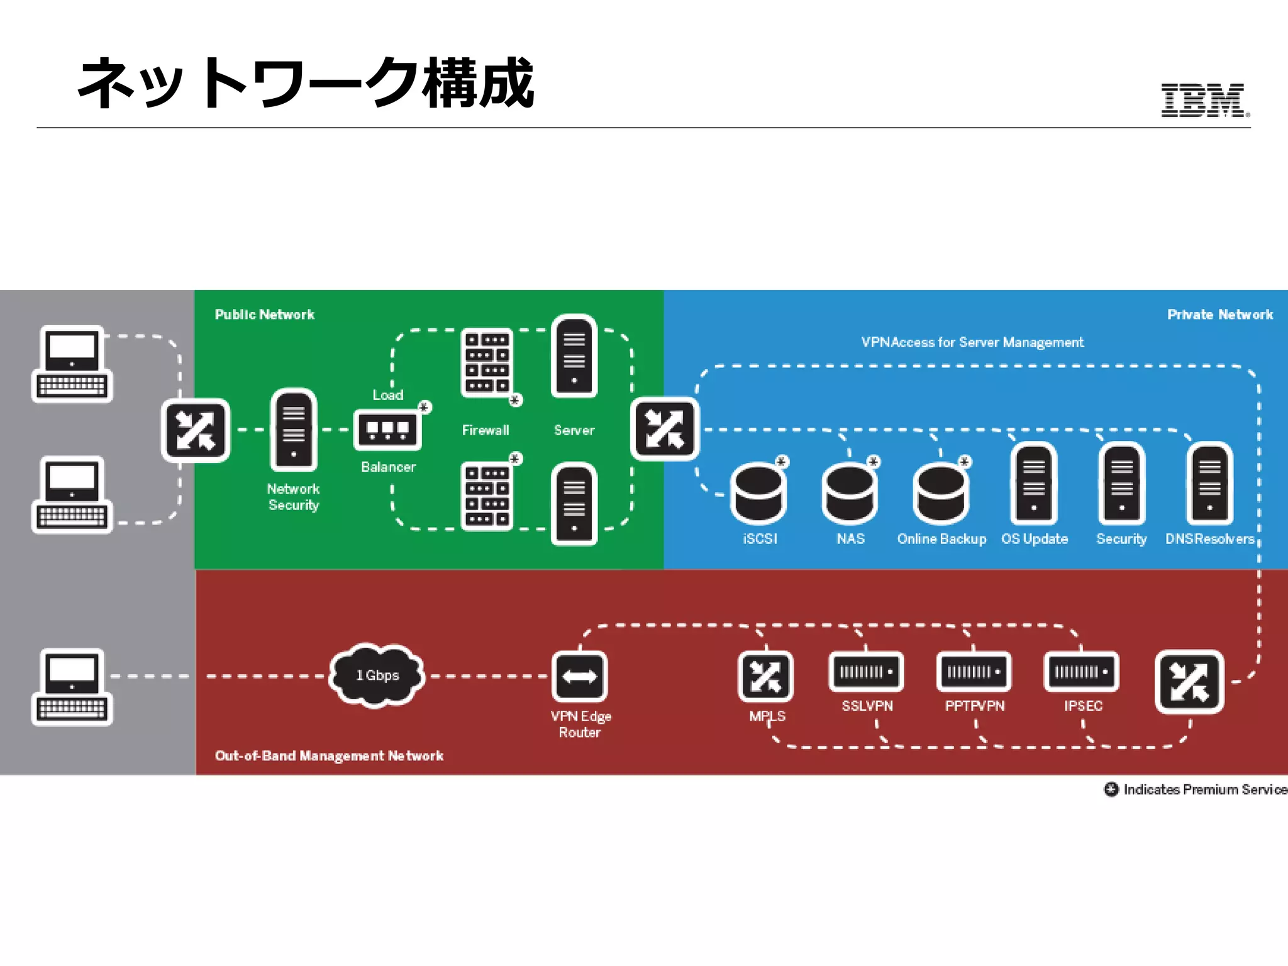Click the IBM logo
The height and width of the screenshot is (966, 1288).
coord(1203,100)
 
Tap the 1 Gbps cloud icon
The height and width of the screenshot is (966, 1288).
coord(377,675)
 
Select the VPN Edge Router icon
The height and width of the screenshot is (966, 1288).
coord(579,677)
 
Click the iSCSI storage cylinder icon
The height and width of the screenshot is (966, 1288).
coord(758,494)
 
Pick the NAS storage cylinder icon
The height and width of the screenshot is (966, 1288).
coord(849,494)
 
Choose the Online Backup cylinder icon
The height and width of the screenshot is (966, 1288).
coord(941,494)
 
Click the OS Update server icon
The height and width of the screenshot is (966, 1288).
coord(1033,484)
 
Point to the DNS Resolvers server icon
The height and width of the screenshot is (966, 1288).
coord(1209,484)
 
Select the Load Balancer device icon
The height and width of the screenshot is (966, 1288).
coord(387,430)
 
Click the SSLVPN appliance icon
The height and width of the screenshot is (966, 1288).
coord(866,672)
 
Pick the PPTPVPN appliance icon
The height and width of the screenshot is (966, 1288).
coord(974,672)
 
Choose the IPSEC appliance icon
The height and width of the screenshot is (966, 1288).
coord(1081,672)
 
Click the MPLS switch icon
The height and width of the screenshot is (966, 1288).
coord(765,677)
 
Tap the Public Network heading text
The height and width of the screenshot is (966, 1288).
coord(264,314)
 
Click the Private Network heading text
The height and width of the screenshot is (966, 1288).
coord(1219,314)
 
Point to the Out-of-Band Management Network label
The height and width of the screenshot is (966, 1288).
coord(329,755)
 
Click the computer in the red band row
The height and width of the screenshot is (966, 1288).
coord(72,687)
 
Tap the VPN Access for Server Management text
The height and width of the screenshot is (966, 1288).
coord(972,342)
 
